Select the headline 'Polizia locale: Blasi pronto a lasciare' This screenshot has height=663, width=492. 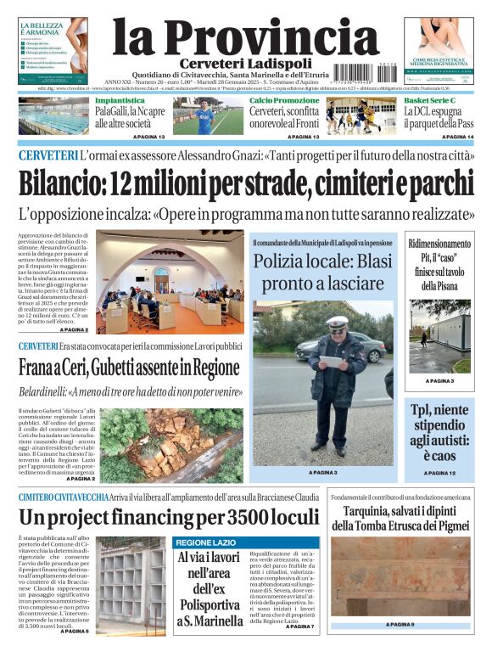(322, 272)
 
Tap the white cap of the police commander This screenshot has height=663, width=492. (338, 323)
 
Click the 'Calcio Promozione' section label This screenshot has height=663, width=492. (284, 101)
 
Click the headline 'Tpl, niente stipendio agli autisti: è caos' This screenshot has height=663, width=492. (439, 431)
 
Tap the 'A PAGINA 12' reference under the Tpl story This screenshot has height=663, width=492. (439, 473)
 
